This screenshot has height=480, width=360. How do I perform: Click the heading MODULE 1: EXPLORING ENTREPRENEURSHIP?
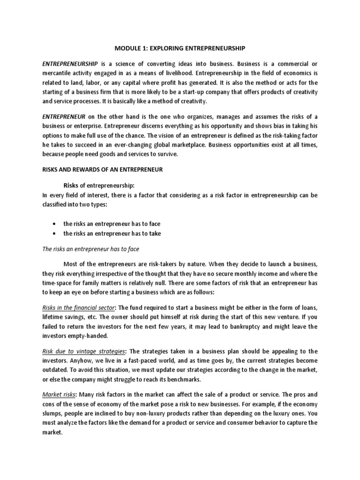pos(180,48)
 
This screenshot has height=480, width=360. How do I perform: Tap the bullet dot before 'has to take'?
pos(56,233)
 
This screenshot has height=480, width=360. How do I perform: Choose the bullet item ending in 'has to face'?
pos(108,224)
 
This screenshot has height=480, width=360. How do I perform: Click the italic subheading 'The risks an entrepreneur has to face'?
pos(91,249)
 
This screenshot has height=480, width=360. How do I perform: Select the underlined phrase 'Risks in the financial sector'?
pos(79,307)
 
